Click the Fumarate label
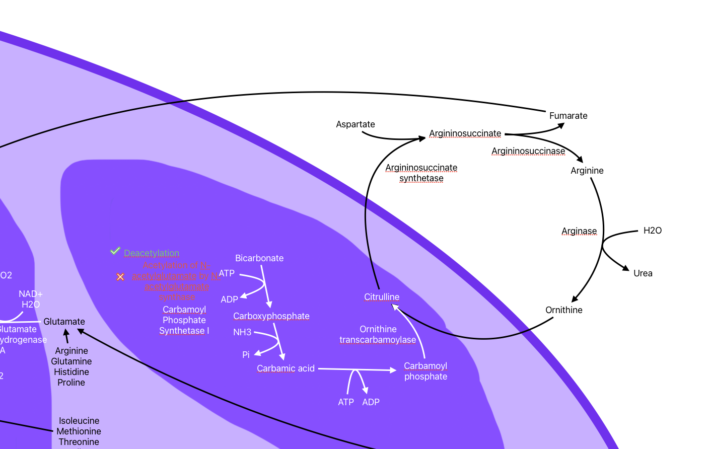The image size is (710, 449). click(x=568, y=116)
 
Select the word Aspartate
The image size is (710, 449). click(x=355, y=124)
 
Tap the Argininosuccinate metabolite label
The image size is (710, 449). click(x=465, y=133)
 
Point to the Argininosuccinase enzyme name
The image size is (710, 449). click(x=528, y=151)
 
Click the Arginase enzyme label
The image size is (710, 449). click(x=579, y=231)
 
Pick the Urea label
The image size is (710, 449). click(x=643, y=273)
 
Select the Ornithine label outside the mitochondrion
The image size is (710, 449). click(x=563, y=310)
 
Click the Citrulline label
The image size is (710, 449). click(x=382, y=297)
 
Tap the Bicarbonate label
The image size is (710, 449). click(x=259, y=258)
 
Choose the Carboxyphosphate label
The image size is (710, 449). click(x=271, y=316)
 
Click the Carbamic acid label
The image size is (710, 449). click(x=286, y=368)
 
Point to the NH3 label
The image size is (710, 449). click(x=242, y=332)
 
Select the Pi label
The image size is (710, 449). click(x=246, y=355)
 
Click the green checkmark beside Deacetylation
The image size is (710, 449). click(x=115, y=251)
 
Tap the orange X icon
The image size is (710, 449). click(x=120, y=277)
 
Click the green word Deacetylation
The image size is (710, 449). click(x=152, y=253)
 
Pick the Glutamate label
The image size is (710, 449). click(x=64, y=322)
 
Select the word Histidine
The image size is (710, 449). click(x=71, y=372)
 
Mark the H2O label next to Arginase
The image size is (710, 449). click(x=652, y=231)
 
